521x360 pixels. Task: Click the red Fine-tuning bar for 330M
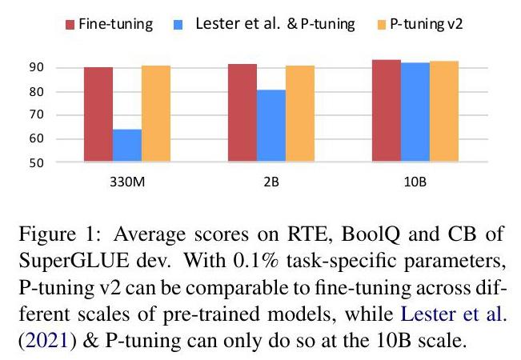pyautogui.click(x=98, y=115)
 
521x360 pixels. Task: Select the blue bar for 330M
pyautogui.click(x=126, y=146)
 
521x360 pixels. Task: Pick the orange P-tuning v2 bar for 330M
pyautogui.click(x=155, y=114)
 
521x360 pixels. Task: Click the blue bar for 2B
pyautogui.click(x=271, y=126)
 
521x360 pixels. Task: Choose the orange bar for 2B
pyautogui.click(x=300, y=114)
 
